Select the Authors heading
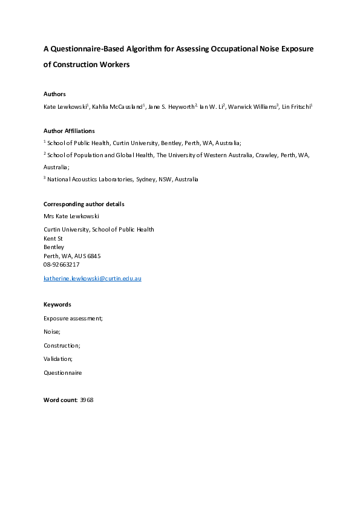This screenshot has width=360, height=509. click(54, 94)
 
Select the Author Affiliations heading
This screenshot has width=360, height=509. click(69, 131)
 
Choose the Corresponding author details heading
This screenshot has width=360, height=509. click(84, 204)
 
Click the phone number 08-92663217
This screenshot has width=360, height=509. click(61, 265)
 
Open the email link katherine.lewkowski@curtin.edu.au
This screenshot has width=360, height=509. click(92, 279)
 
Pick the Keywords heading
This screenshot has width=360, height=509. click(57, 305)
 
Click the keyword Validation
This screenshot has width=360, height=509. click(57, 359)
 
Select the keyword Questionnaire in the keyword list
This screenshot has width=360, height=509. click(62, 373)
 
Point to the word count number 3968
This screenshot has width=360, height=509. click(87, 400)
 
